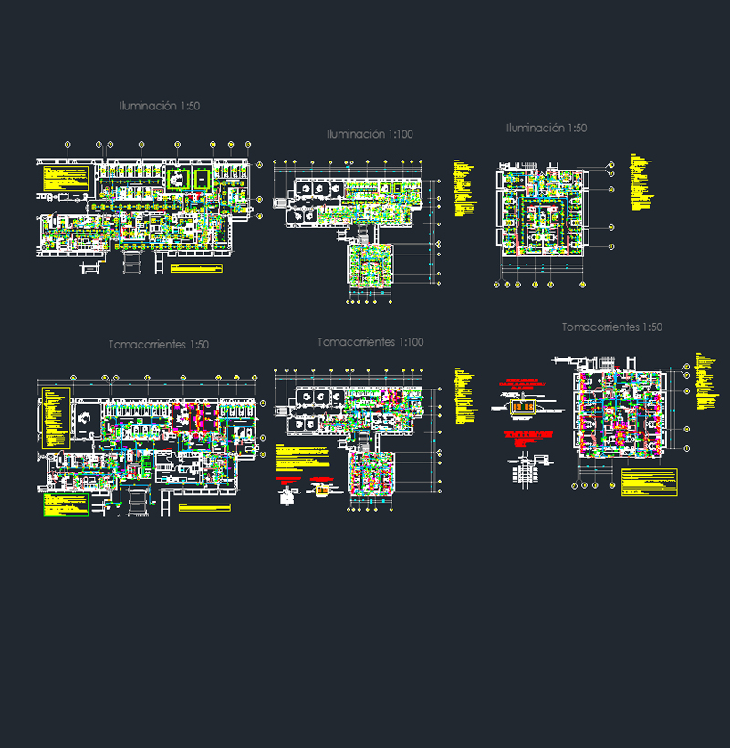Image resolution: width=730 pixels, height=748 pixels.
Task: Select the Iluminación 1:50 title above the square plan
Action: pos(547,129)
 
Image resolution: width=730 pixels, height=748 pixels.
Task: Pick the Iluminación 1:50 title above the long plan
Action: pos(160,107)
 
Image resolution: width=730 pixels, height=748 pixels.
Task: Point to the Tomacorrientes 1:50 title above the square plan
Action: pos(612,327)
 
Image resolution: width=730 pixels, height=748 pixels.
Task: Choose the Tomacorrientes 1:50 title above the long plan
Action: pos(159,345)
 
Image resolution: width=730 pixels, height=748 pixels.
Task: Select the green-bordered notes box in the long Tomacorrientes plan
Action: pos(63,505)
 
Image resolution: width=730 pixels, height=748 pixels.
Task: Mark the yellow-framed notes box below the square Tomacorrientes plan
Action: pos(649,482)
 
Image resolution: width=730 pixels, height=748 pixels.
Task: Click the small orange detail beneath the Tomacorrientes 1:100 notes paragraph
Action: pos(321,491)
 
